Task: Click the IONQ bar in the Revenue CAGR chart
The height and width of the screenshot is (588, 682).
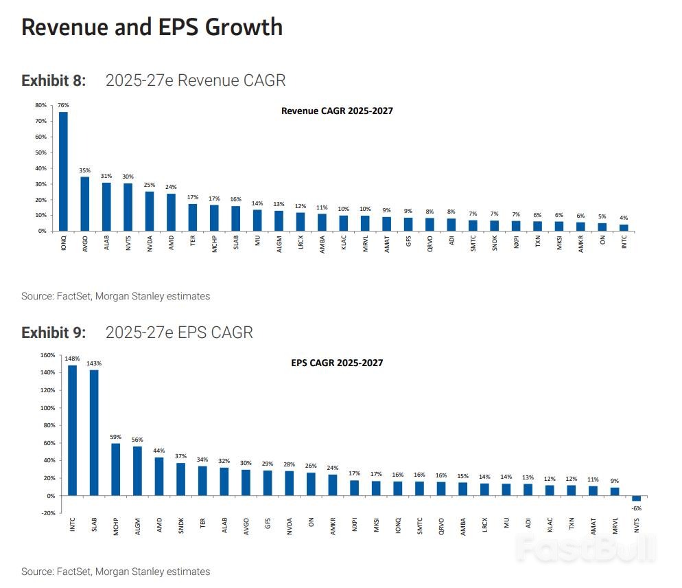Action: [63, 172]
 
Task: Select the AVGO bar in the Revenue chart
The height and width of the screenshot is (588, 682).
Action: [85, 204]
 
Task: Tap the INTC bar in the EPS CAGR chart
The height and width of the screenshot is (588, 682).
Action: [73, 430]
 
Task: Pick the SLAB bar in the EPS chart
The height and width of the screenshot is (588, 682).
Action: [94, 433]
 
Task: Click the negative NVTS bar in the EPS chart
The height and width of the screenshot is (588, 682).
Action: [636, 498]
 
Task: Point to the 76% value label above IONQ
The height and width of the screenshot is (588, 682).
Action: [63, 105]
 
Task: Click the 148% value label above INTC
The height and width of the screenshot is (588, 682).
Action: [73, 359]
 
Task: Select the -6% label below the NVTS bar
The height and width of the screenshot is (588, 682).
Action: [637, 508]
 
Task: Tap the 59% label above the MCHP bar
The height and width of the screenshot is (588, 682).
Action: [115, 437]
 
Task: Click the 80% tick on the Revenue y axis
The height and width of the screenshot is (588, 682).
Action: [40, 106]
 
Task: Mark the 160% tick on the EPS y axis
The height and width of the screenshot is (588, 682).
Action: [47, 355]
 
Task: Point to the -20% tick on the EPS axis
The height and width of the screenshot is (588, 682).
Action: [47, 513]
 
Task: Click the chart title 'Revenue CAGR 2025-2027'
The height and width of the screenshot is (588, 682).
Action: [337, 111]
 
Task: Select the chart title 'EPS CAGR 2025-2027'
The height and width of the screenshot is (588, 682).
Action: [337, 363]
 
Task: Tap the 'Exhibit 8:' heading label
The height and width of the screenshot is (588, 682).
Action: [54, 80]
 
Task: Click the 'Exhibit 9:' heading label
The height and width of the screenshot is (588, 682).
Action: [54, 332]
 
